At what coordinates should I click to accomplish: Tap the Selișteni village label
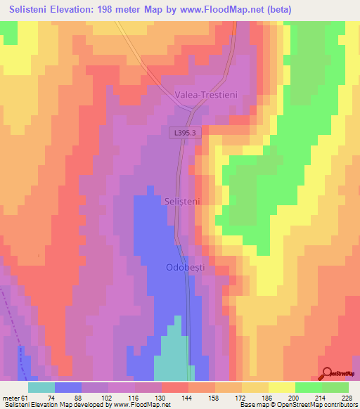182,201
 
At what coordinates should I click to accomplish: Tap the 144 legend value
188,397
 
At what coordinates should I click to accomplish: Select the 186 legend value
267,397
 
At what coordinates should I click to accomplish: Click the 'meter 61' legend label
15,397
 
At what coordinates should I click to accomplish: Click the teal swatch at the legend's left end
41,387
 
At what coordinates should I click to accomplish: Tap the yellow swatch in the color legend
281,387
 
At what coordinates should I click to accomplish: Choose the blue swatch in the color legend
67,387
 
